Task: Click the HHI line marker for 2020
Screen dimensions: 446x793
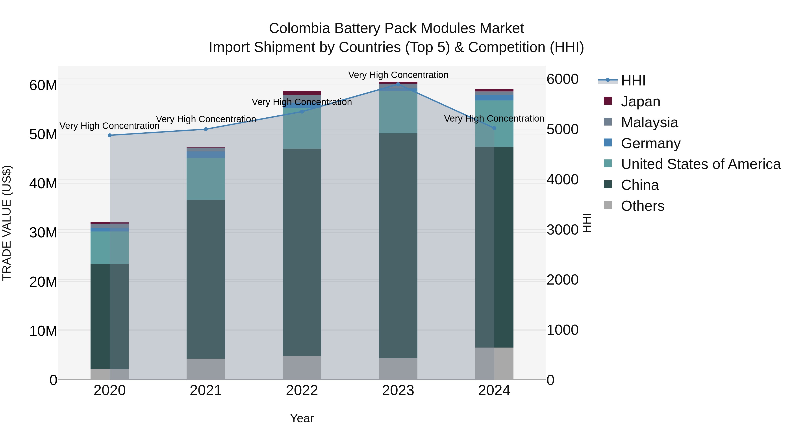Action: pos(110,135)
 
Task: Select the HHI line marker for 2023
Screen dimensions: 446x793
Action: pos(398,84)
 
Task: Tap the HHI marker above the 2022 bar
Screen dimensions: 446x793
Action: pos(302,112)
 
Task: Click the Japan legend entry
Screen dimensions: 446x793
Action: pos(640,102)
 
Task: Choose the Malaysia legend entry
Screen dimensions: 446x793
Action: pos(649,122)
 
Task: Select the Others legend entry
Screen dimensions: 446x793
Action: pos(643,206)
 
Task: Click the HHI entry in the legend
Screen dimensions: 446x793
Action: pos(633,81)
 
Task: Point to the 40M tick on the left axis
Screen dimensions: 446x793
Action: pos(43,183)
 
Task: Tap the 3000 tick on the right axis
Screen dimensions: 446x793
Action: pos(562,230)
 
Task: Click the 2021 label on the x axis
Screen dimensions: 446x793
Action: pos(206,390)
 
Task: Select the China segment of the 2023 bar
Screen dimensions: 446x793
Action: pos(398,246)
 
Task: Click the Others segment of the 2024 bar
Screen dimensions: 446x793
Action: pos(494,364)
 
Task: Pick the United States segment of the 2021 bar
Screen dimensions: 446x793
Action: pos(206,179)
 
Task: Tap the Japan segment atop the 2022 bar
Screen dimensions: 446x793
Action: pos(302,93)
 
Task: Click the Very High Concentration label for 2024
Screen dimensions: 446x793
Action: pos(494,118)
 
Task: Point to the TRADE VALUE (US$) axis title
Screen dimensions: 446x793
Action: pos(7,223)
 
